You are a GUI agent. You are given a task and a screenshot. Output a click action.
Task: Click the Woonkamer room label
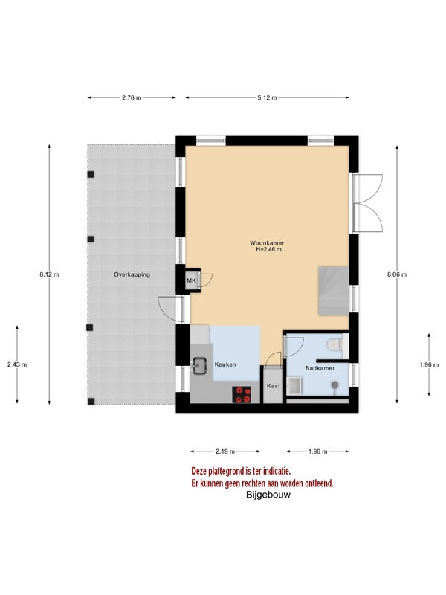[267, 243]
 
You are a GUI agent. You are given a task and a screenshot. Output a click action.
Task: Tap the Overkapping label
[132, 274]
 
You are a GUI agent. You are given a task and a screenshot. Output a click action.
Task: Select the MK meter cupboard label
[191, 281]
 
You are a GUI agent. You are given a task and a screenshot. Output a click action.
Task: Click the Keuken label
[225, 364]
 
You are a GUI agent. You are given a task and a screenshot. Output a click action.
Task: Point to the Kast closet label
[273, 385]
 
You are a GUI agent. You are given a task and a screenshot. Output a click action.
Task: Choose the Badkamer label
[320, 368]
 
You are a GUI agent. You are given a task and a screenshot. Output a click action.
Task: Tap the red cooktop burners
[242, 394]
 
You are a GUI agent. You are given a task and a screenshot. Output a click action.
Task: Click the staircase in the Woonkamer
[333, 291]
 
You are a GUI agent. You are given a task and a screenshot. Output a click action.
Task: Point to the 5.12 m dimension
[267, 97]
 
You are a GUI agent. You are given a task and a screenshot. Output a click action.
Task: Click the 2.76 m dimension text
[132, 97]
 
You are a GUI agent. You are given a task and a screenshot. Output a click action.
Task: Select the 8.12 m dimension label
[49, 274]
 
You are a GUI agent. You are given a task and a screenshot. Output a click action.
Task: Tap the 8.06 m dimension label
[397, 274]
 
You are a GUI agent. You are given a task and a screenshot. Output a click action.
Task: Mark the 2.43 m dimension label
[17, 364]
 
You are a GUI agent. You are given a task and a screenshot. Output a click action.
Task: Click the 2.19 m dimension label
[225, 451]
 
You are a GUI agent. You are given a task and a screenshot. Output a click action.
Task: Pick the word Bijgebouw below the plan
[268, 495]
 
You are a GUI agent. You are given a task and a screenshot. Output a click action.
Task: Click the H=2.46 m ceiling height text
[268, 249]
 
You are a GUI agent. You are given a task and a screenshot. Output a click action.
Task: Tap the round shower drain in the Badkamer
[334, 385]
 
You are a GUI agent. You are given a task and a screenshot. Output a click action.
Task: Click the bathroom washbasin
[294, 386]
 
